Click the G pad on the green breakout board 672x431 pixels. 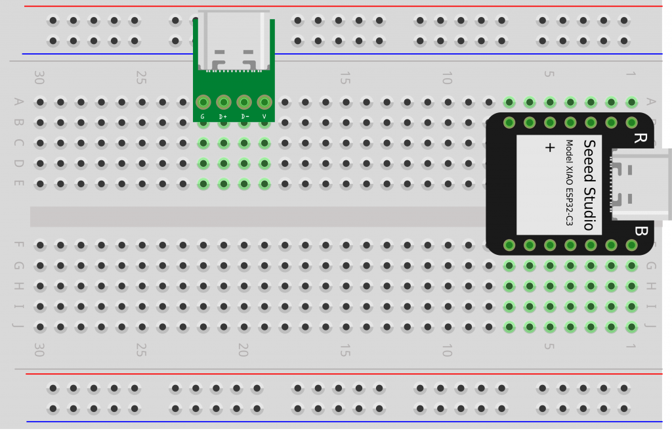click(x=203, y=102)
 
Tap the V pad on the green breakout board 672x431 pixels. click(x=264, y=102)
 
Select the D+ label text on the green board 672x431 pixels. click(x=223, y=116)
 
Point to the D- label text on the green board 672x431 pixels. click(x=244, y=116)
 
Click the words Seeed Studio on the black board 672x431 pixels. click(x=589, y=185)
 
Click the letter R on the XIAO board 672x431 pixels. click(x=640, y=138)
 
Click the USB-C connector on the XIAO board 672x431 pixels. click(x=640, y=184)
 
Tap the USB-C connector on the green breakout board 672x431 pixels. click(x=234, y=41)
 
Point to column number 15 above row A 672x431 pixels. click(x=345, y=79)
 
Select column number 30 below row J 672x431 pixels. click(x=39, y=350)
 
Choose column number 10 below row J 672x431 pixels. click(x=447, y=350)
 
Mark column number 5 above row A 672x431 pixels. click(x=549, y=74)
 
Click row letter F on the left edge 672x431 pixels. click(x=18, y=245)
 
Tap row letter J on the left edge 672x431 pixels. click(x=18, y=327)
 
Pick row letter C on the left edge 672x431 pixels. click(x=18, y=143)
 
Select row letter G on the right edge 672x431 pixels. click(x=651, y=265)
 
